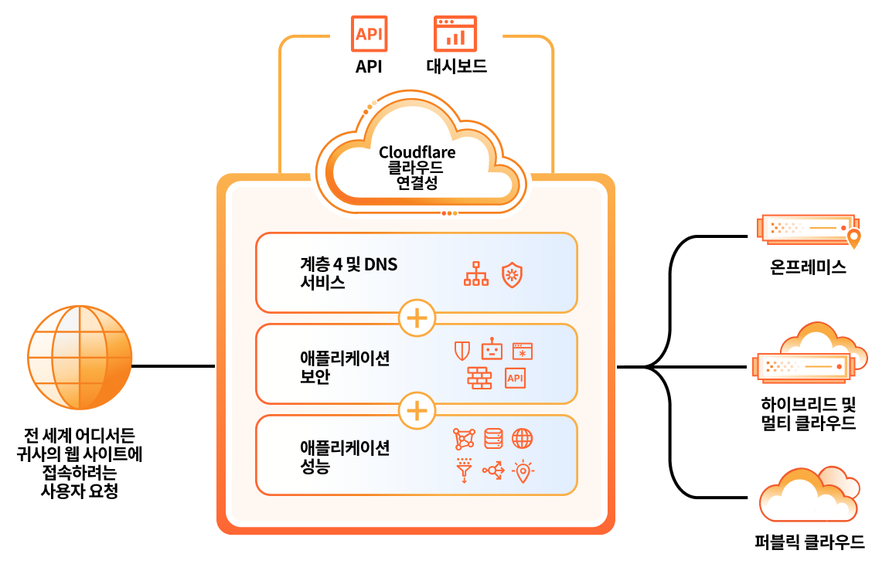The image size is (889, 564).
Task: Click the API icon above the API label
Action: coord(370,34)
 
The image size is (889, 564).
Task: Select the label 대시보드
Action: coord(456,66)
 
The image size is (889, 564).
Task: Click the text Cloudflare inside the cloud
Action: coord(417,152)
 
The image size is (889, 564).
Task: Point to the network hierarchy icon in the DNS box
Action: coord(476,274)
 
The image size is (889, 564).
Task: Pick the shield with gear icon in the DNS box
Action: coord(512,274)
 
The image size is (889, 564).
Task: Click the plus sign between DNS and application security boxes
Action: coord(417,318)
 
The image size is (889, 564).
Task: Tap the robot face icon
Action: coord(492,351)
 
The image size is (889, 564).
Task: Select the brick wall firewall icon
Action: coord(479,378)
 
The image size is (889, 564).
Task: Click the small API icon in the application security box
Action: coord(515,378)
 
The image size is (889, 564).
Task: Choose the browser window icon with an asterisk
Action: coord(523,352)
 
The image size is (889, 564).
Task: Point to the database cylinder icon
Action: coord(493,439)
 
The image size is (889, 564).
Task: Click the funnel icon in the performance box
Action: coord(464,470)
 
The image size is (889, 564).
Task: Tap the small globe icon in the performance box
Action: coord(523,439)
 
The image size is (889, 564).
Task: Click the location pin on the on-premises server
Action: coord(853,238)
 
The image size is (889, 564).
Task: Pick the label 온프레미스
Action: coord(808,268)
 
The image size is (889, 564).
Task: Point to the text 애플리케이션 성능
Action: coord(345,457)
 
